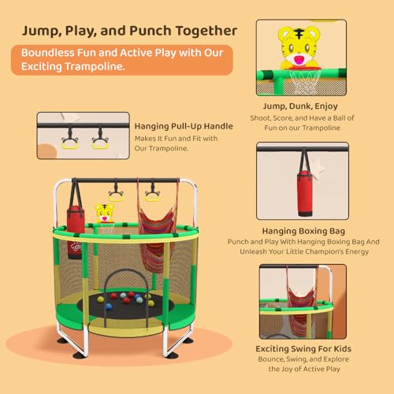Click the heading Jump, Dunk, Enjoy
pos(302,105)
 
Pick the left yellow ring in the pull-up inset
pos(71,141)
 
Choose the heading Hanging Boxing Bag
pos(302,230)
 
